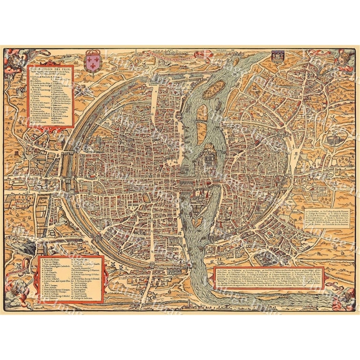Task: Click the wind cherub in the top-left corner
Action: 14,59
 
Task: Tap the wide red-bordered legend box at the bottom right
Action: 268,278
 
